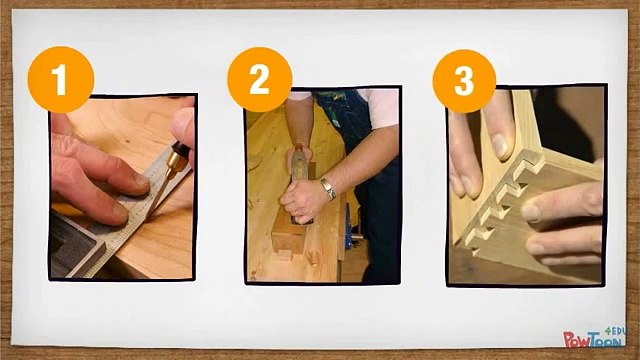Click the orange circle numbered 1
pyautogui.click(x=61, y=79)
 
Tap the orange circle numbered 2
pyautogui.click(x=260, y=79)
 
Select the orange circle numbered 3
pyautogui.click(x=464, y=81)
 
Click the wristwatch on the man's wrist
pyautogui.click(x=328, y=188)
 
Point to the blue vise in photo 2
pyautogui.click(x=349, y=227)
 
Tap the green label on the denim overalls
pyautogui.click(x=336, y=122)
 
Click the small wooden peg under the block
pyautogui.click(x=285, y=255)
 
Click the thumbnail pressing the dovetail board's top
pyautogui.click(x=502, y=146)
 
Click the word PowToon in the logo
pyautogui.click(x=593, y=339)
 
